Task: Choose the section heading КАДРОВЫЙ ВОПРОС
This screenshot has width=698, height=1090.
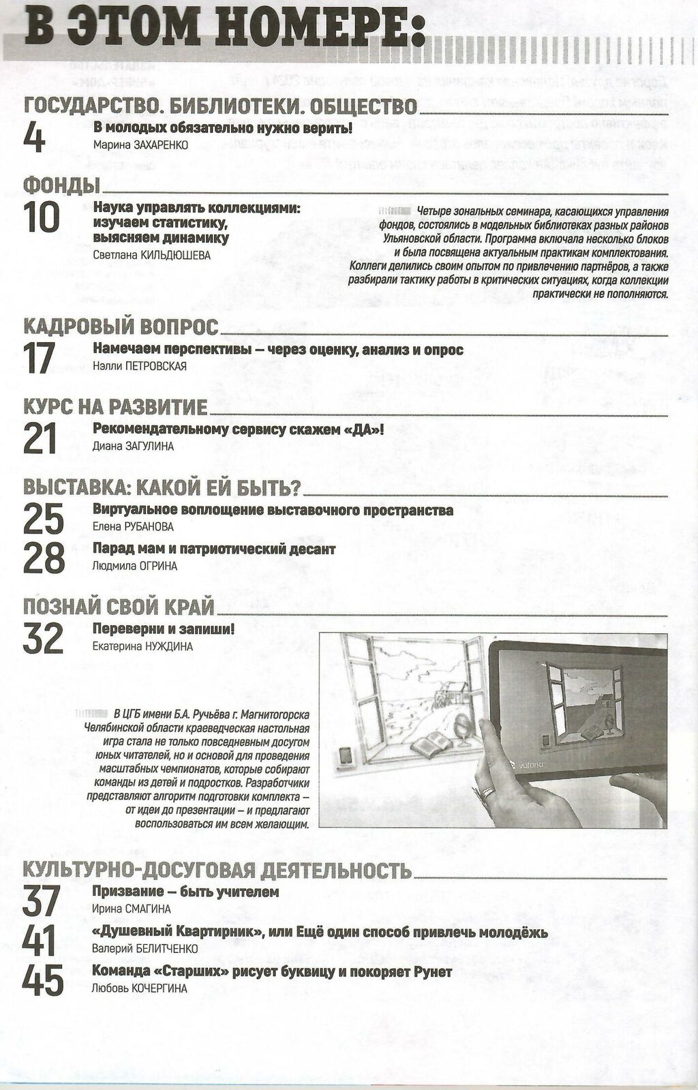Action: (x=121, y=326)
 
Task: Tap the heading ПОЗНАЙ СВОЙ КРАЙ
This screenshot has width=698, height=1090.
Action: (x=119, y=606)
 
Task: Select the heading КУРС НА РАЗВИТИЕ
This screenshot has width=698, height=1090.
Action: (x=115, y=407)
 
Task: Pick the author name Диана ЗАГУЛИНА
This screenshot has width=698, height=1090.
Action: (x=133, y=446)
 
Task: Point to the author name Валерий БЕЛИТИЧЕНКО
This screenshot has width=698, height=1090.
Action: (x=145, y=948)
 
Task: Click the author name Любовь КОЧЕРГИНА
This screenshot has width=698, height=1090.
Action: (x=139, y=988)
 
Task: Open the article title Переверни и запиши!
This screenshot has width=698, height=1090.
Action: (x=163, y=629)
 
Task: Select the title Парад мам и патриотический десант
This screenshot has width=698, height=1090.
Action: (x=214, y=549)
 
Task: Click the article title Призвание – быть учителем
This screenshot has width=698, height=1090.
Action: (x=185, y=892)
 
